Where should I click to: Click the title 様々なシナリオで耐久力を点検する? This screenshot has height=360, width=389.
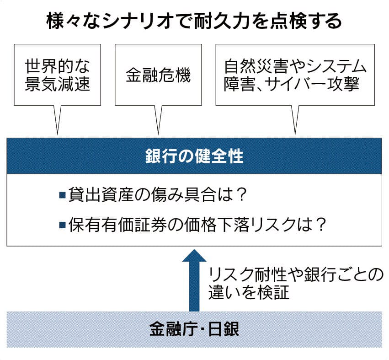pos(194,21)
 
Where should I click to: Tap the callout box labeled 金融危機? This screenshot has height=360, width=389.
pos(158,75)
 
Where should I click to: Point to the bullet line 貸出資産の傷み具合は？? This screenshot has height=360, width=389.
pos(154,196)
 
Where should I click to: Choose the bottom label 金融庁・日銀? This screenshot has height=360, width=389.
pos(194,329)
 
